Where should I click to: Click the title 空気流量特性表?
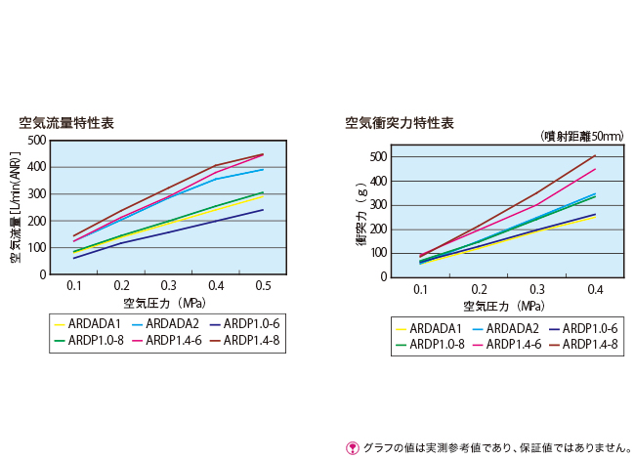click(x=66, y=123)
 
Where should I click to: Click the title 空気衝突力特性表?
click(x=399, y=123)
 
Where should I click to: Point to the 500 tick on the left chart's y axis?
click(x=35, y=140)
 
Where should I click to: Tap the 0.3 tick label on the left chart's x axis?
click(x=168, y=286)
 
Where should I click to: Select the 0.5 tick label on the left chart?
click(x=263, y=286)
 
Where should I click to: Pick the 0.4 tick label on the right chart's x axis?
click(x=594, y=291)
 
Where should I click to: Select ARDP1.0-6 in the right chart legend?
click(x=584, y=328)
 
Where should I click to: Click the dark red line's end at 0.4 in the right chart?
click(x=595, y=155)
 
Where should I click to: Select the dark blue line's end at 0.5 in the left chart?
click(x=263, y=210)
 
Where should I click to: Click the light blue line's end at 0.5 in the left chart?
click(x=263, y=170)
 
